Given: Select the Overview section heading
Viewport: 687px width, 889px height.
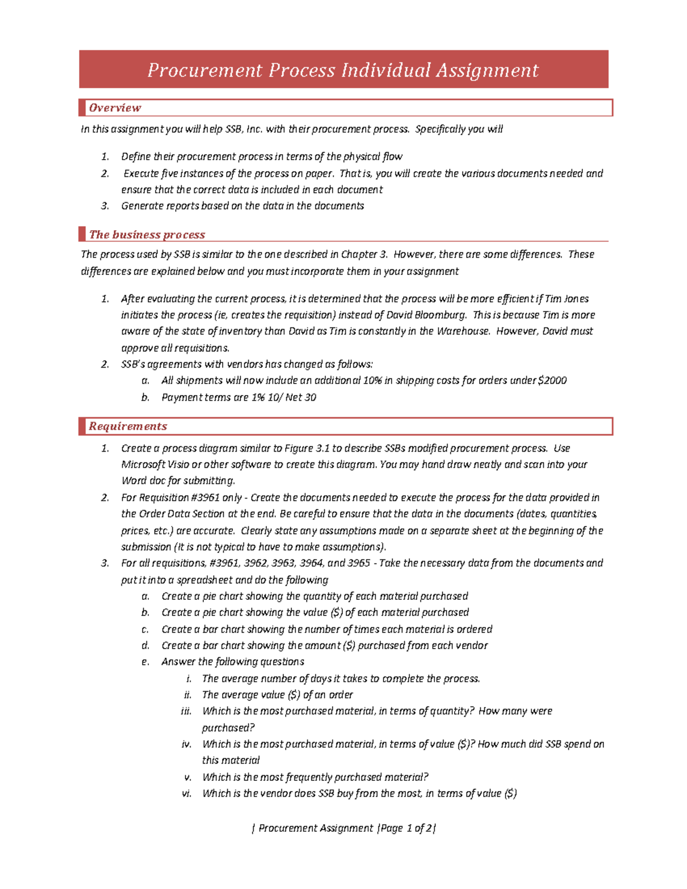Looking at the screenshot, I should pos(114,108).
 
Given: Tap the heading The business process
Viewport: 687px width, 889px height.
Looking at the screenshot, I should pos(147,235).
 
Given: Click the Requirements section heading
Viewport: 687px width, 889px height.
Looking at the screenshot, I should pos(128,426).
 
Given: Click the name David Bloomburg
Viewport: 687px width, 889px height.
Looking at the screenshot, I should pos(427,315).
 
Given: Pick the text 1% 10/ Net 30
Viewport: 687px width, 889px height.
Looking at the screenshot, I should pos(284,397).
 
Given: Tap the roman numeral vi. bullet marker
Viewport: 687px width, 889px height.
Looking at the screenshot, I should pos(187,793).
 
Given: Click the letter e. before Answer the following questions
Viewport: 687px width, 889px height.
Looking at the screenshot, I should pos(145,662).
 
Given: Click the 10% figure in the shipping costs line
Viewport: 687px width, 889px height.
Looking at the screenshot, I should pos(372,381).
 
